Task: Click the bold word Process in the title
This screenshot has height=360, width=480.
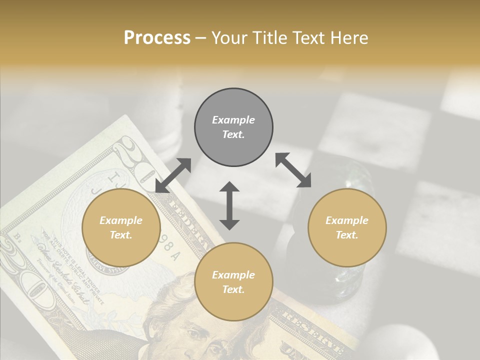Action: pyautogui.click(x=157, y=37)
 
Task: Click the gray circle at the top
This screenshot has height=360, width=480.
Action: pyautogui.click(x=233, y=127)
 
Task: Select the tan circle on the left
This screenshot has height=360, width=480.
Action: pyautogui.click(x=121, y=228)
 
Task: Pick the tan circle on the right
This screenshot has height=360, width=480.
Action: pyautogui.click(x=347, y=228)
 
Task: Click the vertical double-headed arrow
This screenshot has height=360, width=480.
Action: pyautogui.click(x=229, y=205)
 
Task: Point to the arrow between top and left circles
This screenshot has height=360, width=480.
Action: pyautogui.click(x=173, y=175)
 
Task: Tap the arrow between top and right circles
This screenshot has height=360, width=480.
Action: pyautogui.click(x=293, y=170)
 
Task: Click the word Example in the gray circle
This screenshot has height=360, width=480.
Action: pyautogui.click(x=233, y=120)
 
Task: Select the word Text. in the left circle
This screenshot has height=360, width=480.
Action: pyautogui.click(x=121, y=235)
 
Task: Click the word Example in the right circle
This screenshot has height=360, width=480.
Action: pyautogui.click(x=347, y=220)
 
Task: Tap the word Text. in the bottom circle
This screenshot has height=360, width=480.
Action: pyautogui.click(x=233, y=289)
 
